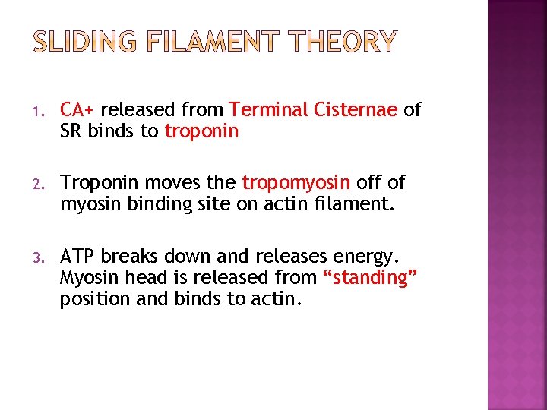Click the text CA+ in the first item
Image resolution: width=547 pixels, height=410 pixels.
pyautogui.click(x=78, y=110)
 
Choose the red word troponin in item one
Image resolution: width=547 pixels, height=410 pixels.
pyautogui.click(x=201, y=131)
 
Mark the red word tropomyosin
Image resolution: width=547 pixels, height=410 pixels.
pyautogui.click(x=296, y=182)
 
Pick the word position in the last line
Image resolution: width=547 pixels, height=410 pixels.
pyautogui.click(x=90, y=298)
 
